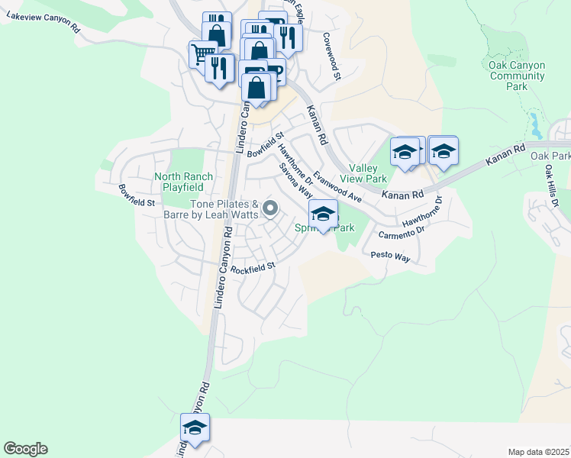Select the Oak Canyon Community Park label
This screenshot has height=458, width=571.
coord(517,76)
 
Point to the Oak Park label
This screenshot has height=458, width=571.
coord(550,156)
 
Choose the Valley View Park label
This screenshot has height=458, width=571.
coord(368,173)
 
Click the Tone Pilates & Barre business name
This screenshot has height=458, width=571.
coord(224,209)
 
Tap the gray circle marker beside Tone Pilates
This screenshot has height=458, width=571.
coord(269,208)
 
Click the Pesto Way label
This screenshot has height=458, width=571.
coord(390,257)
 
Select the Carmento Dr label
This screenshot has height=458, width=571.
coord(406,227)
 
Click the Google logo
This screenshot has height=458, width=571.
coord(25,449)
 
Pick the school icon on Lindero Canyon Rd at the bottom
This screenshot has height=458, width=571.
coord(195,428)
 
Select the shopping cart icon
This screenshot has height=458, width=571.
coord(202,53)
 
